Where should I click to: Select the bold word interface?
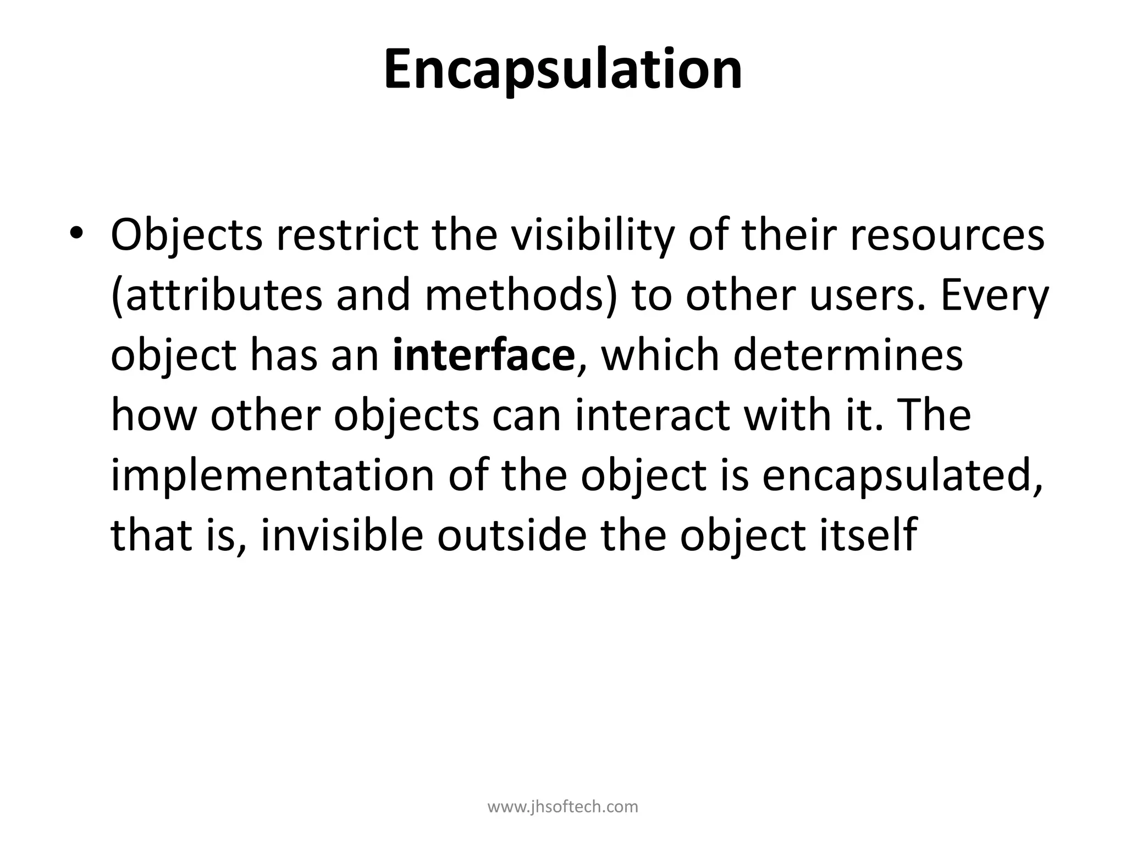(x=484, y=355)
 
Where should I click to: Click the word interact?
(x=652, y=415)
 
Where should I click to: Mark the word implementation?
(x=273, y=476)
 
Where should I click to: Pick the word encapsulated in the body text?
(x=902, y=476)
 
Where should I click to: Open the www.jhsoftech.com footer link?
(x=563, y=806)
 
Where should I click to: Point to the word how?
(x=153, y=415)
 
